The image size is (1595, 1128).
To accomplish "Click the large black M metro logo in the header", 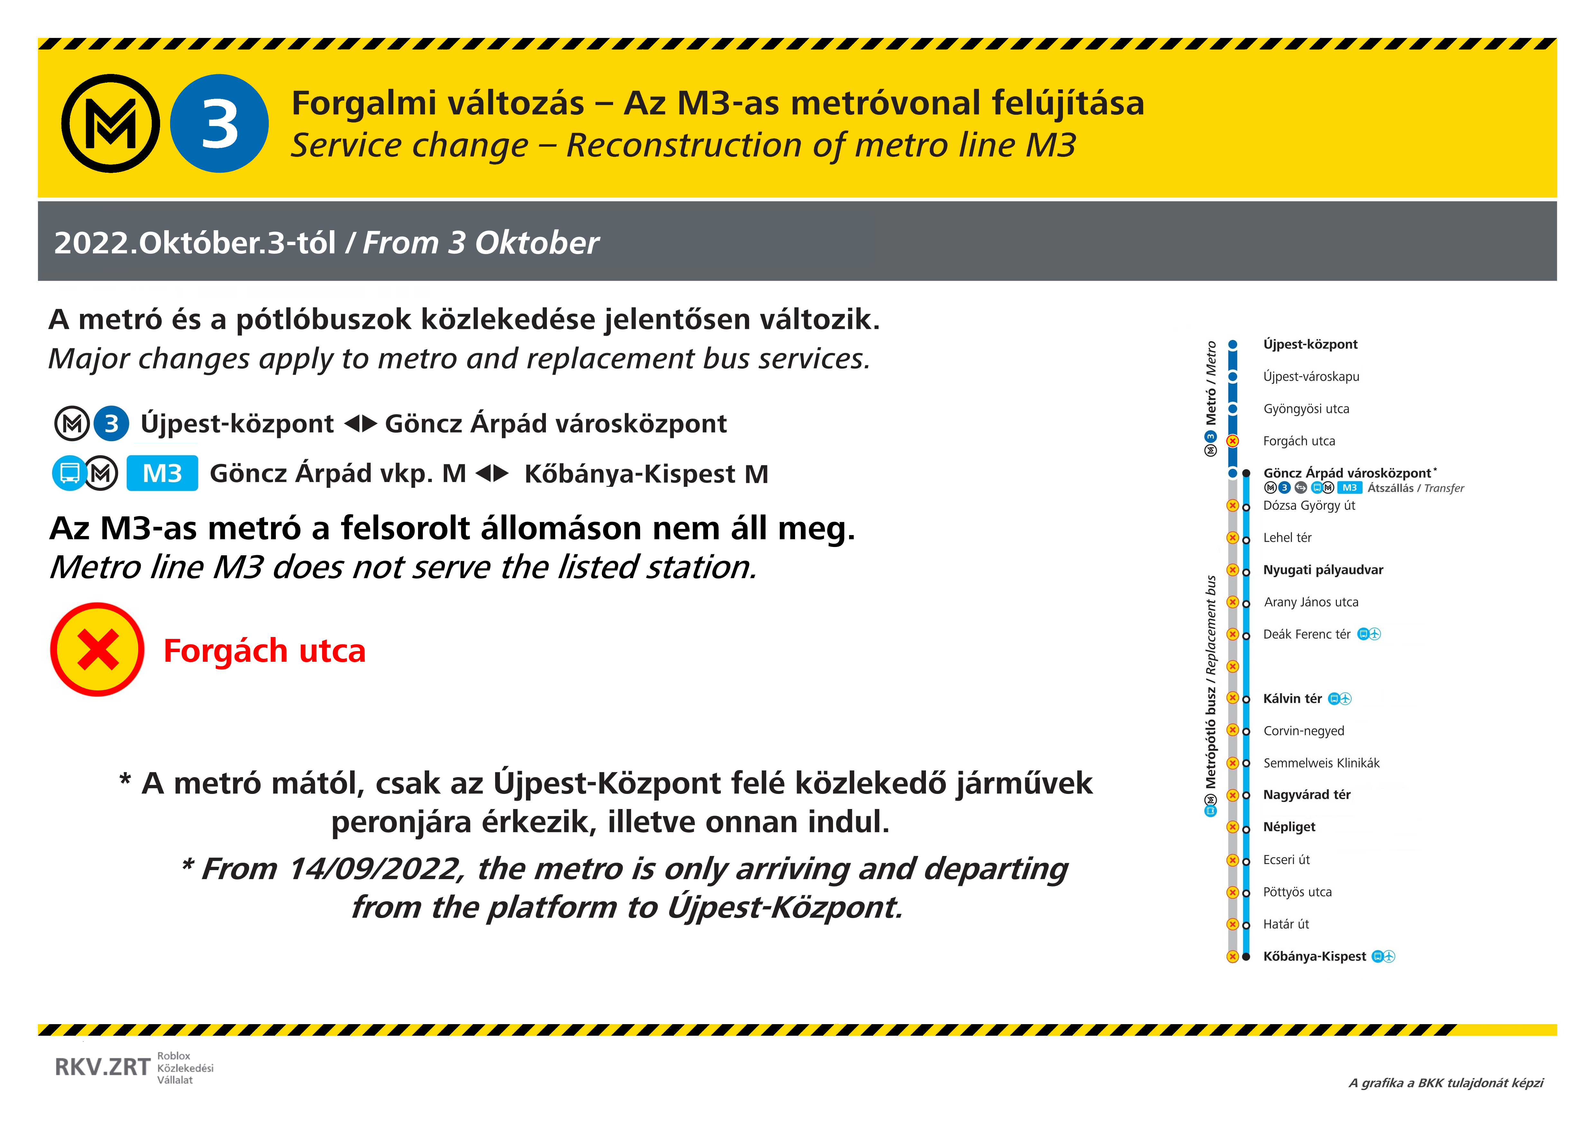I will click(x=111, y=123).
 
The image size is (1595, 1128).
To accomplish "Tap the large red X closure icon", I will click(x=97, y=650).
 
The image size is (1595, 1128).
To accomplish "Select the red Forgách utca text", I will click(x=264, y=651).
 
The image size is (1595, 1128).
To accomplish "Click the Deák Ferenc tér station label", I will click(x=1306, y=634).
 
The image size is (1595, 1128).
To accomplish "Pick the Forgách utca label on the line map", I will click(x=1298, y=441).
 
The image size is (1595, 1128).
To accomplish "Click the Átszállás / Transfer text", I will click(x=1415, y=488).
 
